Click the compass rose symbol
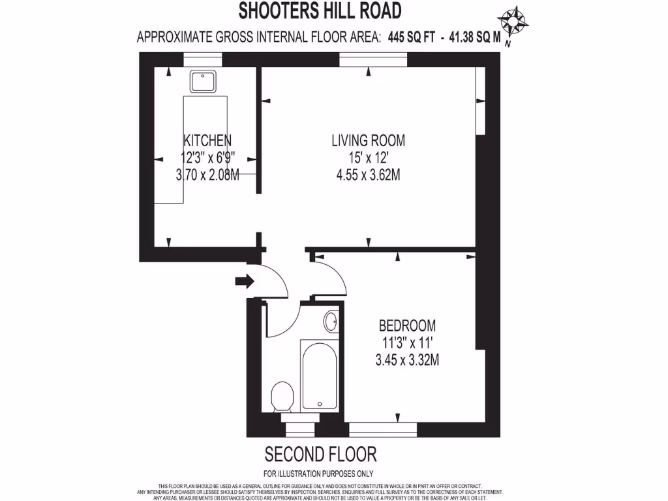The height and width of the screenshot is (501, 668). click(x=513, y=23)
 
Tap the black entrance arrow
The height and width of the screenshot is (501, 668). click(x=245, y=281)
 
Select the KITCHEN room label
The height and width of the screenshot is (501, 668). click(x=207, y=140)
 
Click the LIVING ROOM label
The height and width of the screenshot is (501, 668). click(x=368, y=140)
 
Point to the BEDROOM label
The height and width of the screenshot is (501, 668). click(x=407, y=326)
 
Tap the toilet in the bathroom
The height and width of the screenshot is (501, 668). click(x=282, y=395)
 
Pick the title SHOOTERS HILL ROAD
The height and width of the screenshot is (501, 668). click(x=319, y=10)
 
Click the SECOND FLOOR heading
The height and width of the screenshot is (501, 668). click(x=320, y=453)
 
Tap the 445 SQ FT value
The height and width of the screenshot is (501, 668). click(x=411, y=38)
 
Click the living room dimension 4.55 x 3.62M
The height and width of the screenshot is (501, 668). click(x=368, y=174)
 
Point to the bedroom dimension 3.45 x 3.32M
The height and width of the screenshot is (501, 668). click(x=407, y=359)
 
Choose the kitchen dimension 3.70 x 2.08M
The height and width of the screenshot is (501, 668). click(x=207, y=174)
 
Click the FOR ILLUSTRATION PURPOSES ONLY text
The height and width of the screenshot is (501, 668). click(x=318, y=474)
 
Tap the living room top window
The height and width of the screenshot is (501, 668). click(x=373, y=60)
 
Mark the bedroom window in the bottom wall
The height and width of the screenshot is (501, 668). click(x=383, y=429)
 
